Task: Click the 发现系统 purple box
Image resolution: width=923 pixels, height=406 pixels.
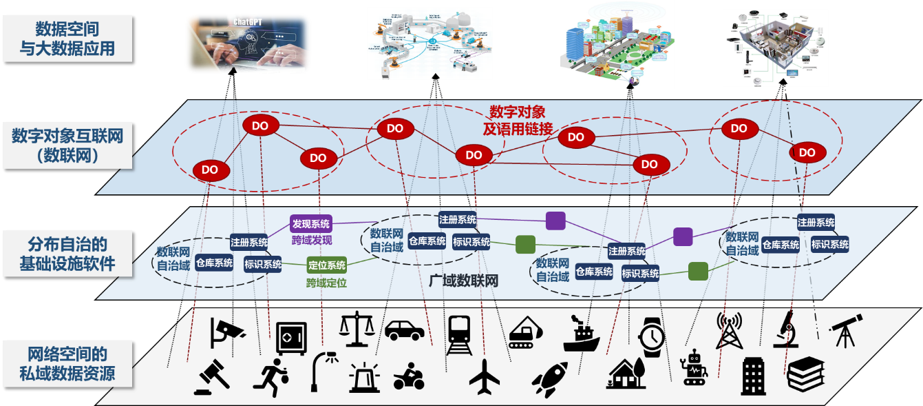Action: coord(311,223)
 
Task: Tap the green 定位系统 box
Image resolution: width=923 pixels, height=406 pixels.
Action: coord(327,265)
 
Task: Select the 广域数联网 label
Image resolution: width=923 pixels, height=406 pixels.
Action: coord(463,281)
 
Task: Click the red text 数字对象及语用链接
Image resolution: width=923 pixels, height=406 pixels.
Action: coord(522,120)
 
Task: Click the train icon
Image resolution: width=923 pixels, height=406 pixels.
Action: coord(458,334)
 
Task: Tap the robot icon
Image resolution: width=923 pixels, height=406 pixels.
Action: coord(693,367)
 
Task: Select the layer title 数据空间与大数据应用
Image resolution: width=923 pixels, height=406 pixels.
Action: coord(67,39)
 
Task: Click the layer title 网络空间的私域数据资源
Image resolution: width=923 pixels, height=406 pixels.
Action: coord(67,364)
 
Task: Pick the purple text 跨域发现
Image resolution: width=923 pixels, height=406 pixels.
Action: coord(311,240)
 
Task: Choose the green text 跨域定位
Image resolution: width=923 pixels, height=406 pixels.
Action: coord(327,283)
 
